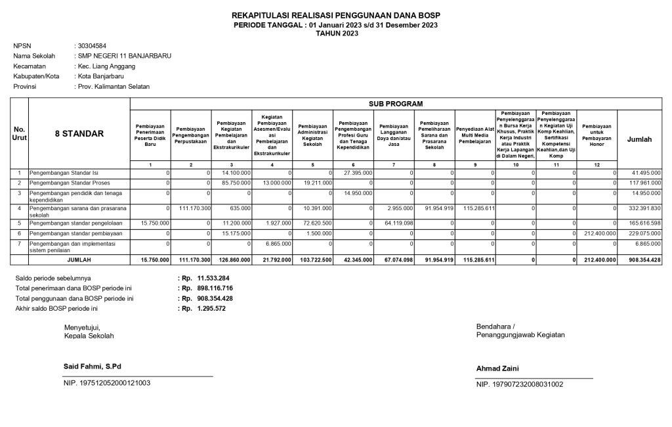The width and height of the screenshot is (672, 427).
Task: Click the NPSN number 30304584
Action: pyautogui.click(x=92, y=46)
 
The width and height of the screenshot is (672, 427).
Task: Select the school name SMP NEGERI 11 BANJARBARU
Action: pyautogui.click(x=125, y=56)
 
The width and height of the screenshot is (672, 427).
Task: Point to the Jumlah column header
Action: pyautogui.click(x=640, y=139)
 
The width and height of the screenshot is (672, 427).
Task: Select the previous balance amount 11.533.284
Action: pyautogui.click(x=213, y=279)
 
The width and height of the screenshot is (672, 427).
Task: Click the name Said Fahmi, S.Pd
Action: pyautogui.click(x=93, y=366)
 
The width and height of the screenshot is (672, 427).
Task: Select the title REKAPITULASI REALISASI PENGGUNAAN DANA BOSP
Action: pyautogui.click(x=336, y=15)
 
